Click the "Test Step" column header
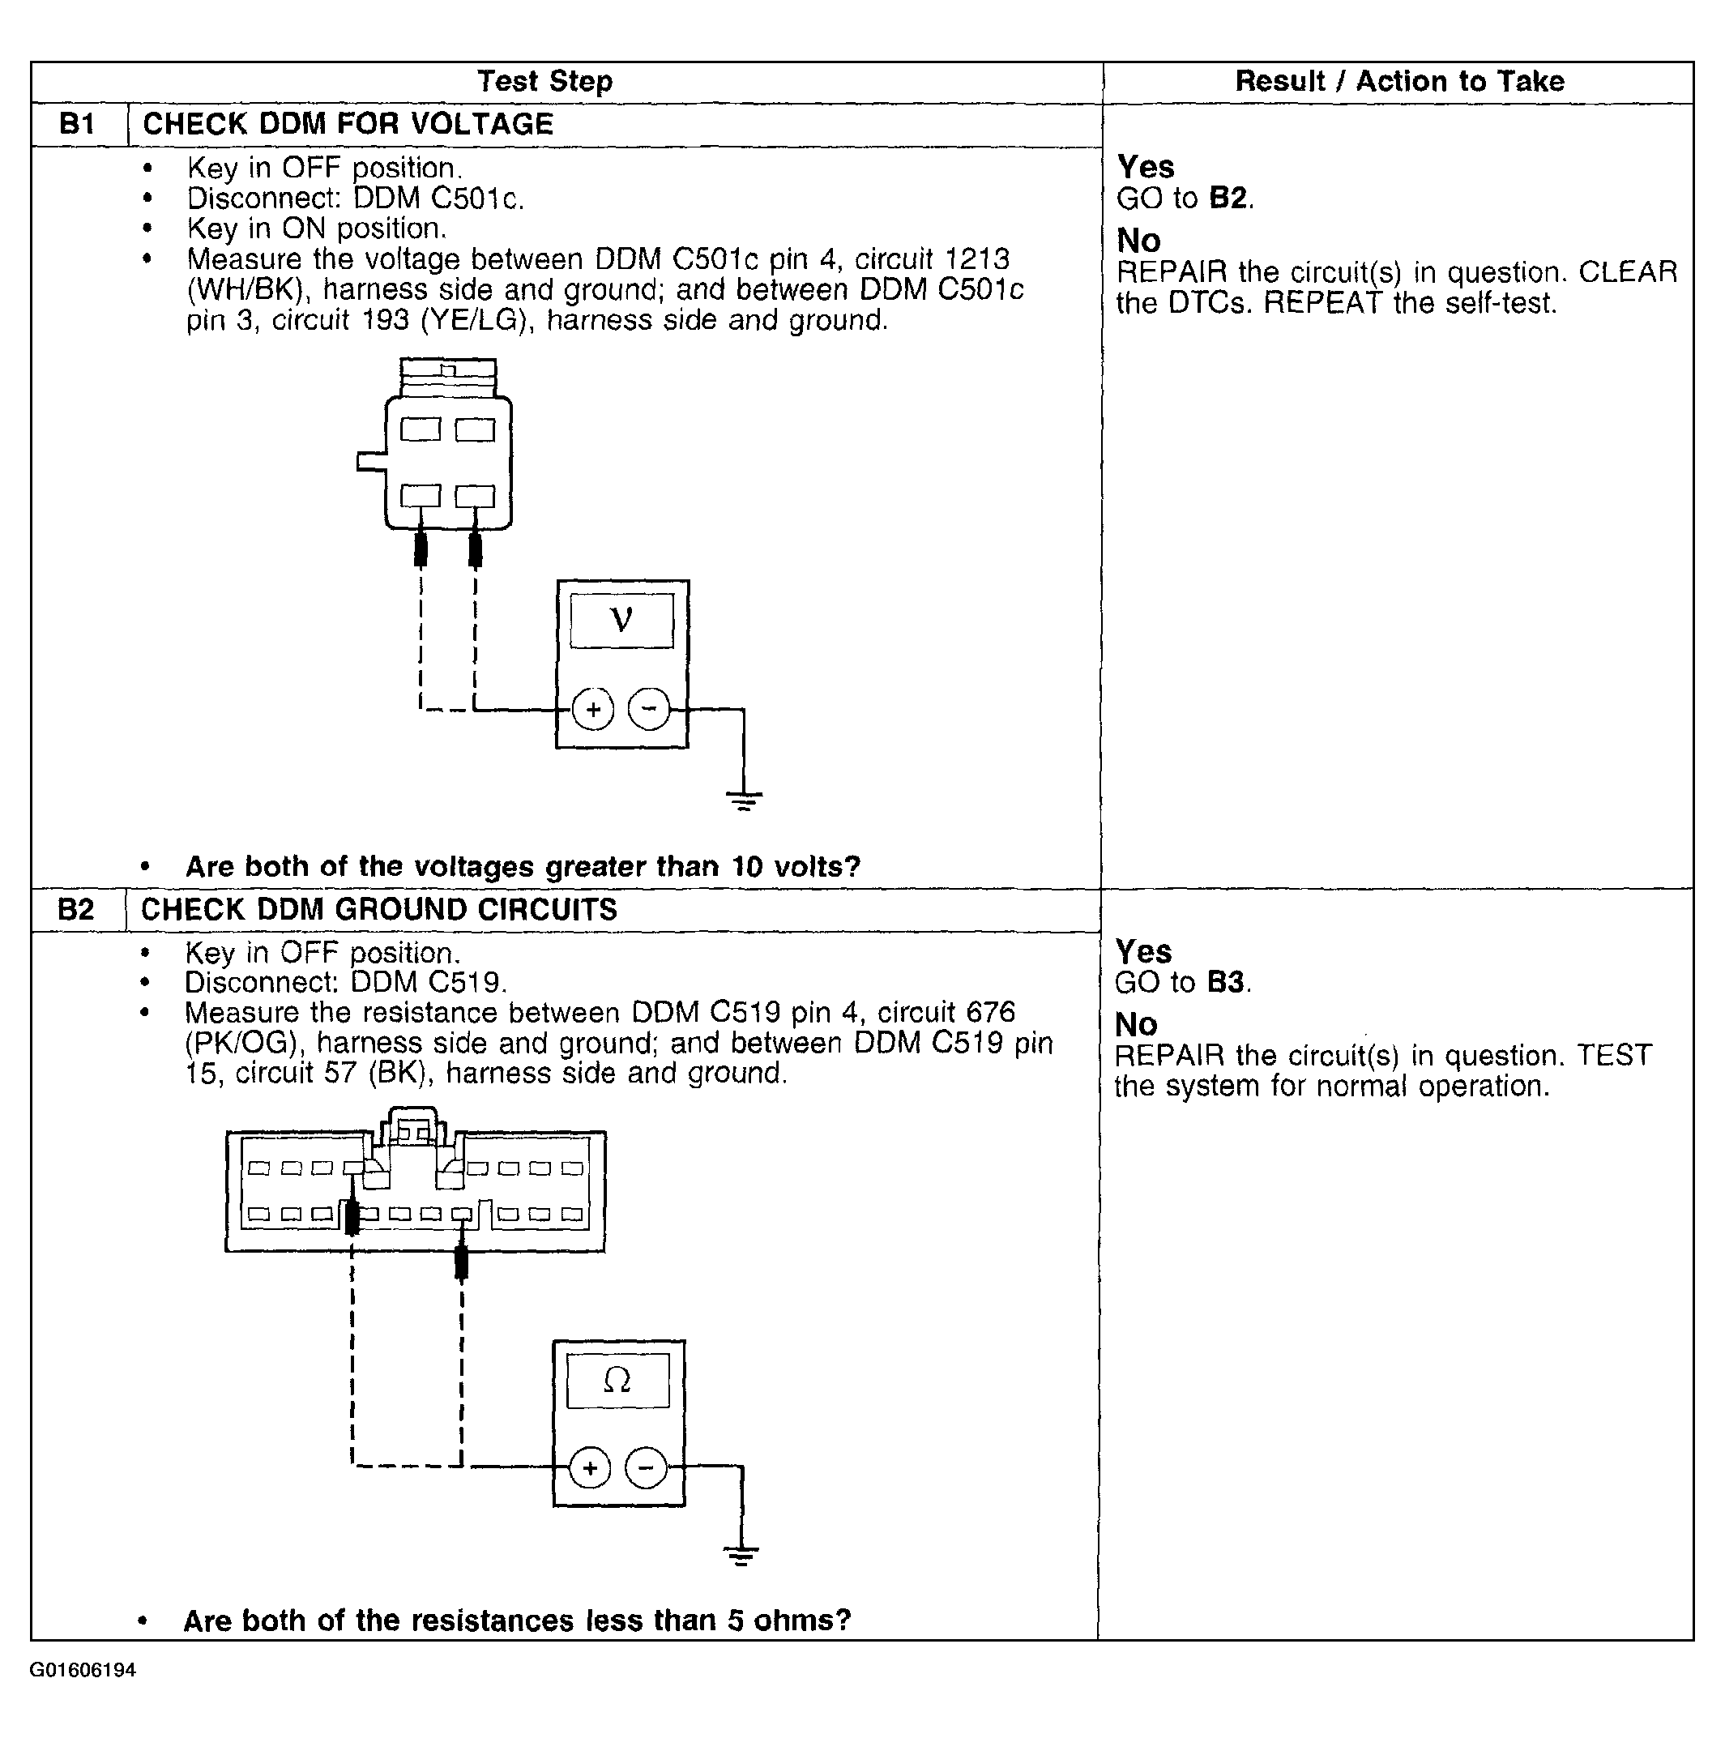coord(544,82)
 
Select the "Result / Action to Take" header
coord(1398,82)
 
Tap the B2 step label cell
coord(75,909)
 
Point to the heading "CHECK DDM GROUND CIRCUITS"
coord(378,909)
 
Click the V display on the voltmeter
coord(621,620)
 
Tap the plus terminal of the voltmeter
coord(592,710)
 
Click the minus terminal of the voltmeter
coord(648,709)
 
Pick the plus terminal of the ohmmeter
coord(590,1469)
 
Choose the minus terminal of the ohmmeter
coord(646,1469)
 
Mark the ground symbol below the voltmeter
coord(743,800)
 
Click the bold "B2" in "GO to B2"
coord(1228,198)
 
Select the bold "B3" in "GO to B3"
coord(1226,982)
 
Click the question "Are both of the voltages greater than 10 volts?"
coord(523,866)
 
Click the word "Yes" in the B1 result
coord(1145,168)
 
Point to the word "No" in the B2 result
coord(1135,1025)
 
